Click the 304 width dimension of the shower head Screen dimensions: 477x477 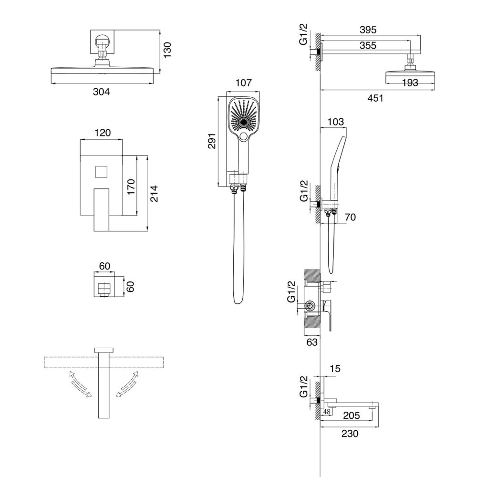click(x=101, y=92)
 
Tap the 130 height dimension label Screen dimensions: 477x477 click(x=167, y=50)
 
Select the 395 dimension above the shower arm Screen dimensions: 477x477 click(x=368, y=30)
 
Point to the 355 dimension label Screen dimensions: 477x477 click(x=368, y=45)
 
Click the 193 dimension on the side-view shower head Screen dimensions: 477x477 click(x=410, y=83)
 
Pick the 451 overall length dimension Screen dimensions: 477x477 click(x=375, y=98)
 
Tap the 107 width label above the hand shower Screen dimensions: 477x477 click(x=244, y=83)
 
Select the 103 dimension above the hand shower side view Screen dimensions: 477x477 click(x=335, y=122)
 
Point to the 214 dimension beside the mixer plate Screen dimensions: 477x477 click(x=154, y=194)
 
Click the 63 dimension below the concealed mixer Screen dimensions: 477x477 click(x=312, y=342)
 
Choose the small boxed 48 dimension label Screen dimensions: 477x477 click(x=327, y=412)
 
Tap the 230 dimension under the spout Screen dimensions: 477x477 click(x=350, y=434)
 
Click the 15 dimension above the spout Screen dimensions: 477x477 click(x=335, y=369)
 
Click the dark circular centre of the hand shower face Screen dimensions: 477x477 click(x=243, y=122)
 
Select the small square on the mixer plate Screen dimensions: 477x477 click(x=101, y=172)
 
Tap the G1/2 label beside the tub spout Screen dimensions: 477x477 click(x=303, y=387)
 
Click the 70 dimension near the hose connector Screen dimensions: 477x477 click(x=350, y=217)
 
